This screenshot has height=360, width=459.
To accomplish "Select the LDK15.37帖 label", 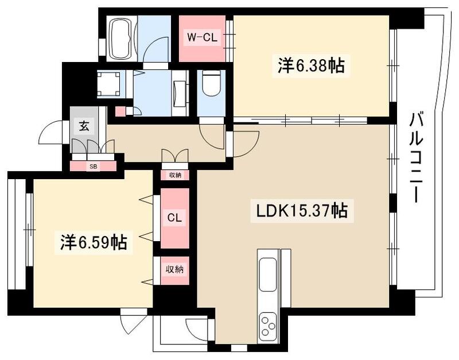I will (301, 211).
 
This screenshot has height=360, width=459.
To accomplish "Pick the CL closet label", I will (174, 218).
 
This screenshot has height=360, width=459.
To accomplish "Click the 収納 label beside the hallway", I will (174, 175).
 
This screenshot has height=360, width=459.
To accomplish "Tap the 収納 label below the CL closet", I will (174, 269).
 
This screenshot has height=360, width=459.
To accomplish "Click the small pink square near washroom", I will (120, 111).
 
